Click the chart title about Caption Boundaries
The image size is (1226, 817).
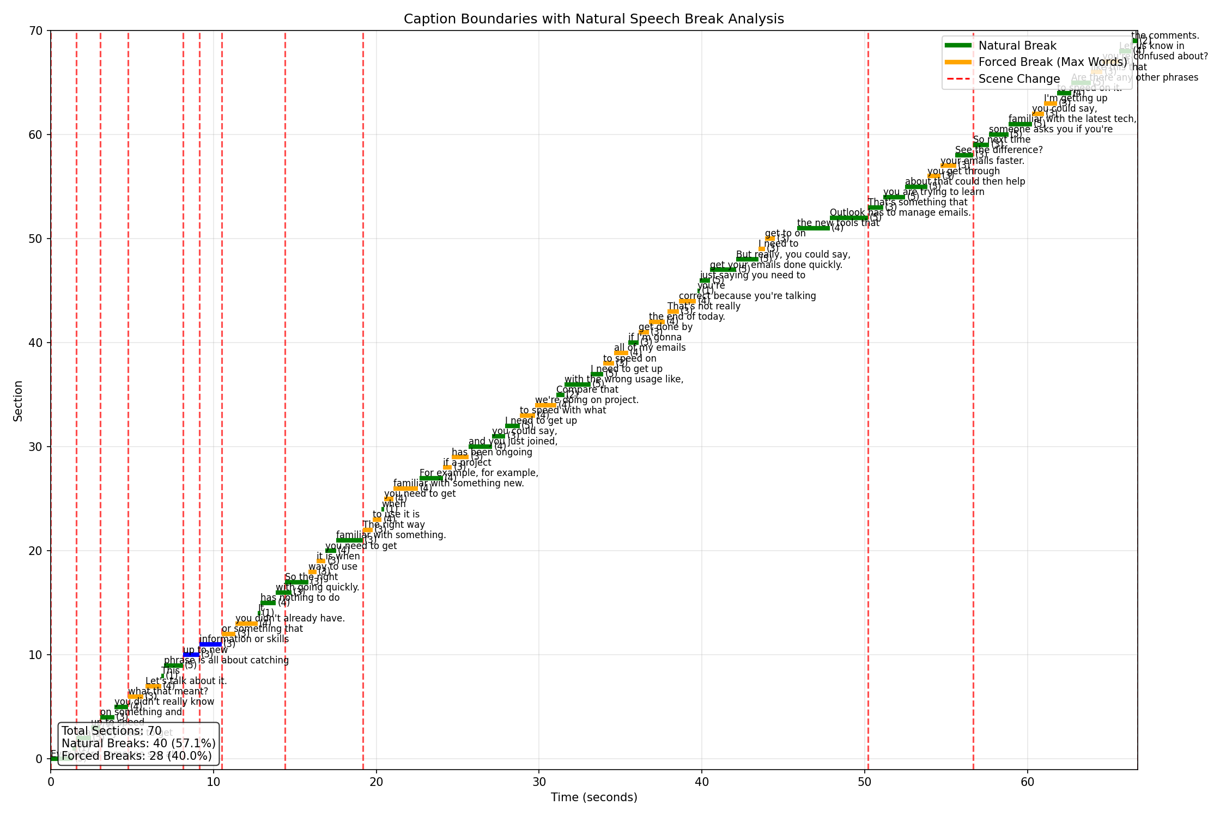point(593,19)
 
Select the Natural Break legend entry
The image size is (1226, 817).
point(1017,46)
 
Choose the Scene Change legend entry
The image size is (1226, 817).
point(1019,79)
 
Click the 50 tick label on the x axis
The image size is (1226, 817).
point(865,783)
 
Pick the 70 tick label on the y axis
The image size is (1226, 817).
point(38,31)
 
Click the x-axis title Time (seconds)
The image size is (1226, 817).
point(593,797)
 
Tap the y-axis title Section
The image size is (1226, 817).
point(18,400)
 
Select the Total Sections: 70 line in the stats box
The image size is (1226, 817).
point(112,731)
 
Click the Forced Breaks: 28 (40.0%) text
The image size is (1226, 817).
point(137,756)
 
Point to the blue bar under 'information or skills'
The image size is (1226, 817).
point(210,644)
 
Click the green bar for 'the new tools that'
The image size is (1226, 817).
point(813,228)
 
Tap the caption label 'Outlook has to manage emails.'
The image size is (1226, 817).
point(900,212)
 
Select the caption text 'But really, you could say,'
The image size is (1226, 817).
point(793,254)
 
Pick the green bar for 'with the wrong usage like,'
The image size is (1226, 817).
point(577,385)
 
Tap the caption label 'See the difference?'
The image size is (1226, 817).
point(999,150)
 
